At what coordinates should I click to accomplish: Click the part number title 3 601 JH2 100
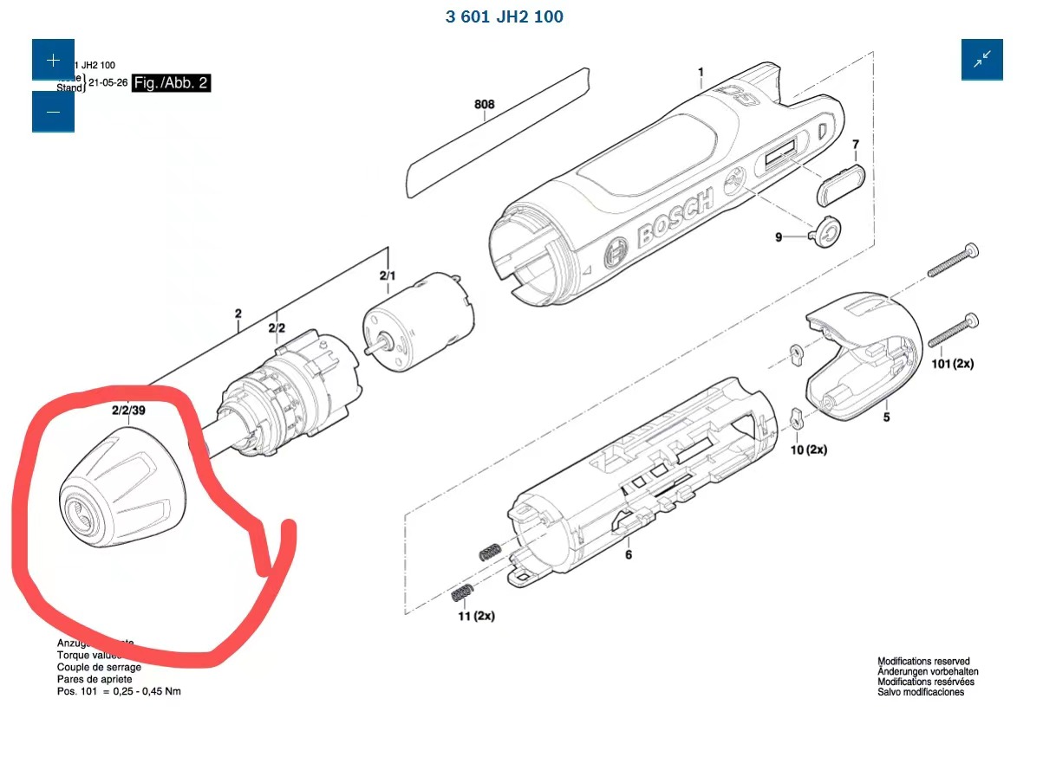point(504,16)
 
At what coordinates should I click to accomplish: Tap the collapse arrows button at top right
point(981,60)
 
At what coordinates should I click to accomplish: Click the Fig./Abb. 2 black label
point(171,83)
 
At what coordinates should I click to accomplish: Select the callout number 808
point(484,105)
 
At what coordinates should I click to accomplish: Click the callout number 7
point(855,144)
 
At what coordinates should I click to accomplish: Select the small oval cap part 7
point(840,184)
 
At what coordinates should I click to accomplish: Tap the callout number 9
point(779,237)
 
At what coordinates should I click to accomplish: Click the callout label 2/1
point(388,276)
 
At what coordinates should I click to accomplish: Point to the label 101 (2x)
point(951,364)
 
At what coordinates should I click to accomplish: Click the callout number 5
point(886,417)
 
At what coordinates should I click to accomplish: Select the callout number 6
point(629,554)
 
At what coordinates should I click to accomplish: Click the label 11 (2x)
point(475,616)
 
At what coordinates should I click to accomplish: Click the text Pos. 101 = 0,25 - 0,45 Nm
point(119,690)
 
